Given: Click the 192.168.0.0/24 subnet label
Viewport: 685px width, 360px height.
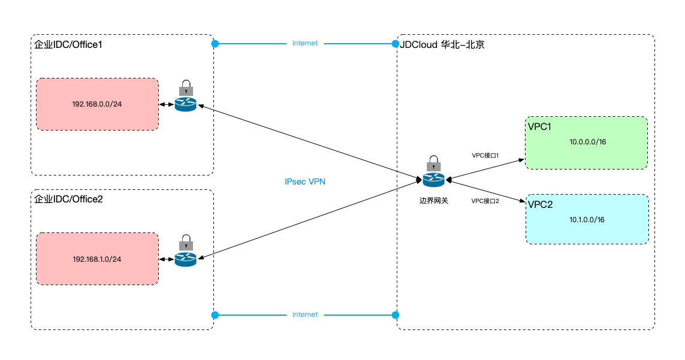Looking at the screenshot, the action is point(97,104).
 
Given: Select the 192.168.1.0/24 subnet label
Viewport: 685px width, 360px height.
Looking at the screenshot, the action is point(97,259).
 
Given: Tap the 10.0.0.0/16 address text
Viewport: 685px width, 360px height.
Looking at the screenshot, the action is point(587,142).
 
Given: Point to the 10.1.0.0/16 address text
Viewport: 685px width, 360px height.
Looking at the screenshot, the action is point(587,220).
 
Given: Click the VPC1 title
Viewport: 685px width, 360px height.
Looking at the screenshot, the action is point(539,127).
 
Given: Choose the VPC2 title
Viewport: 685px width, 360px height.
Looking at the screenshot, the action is point(541,204).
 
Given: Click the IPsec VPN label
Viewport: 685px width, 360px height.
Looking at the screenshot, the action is point(305,181).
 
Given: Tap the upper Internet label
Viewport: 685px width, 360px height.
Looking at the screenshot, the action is point(305,43).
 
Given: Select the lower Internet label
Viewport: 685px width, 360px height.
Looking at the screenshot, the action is point(305,314).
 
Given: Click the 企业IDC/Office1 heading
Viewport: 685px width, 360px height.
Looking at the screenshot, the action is point(68,44).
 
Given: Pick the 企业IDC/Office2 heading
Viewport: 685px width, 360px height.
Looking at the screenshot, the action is point(68,199).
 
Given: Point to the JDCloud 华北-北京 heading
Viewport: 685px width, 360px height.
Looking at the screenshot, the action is point(442,44).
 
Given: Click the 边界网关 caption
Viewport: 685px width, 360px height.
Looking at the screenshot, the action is point(434,201).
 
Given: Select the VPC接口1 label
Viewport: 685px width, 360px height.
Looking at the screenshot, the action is point(485,156).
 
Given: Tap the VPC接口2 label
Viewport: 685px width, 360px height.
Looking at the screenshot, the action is point(485,201).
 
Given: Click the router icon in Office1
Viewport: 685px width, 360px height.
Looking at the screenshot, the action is point(186,104).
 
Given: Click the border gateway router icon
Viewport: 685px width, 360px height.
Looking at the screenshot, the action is point(434,179).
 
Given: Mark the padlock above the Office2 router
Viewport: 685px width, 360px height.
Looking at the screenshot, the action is point(186,243).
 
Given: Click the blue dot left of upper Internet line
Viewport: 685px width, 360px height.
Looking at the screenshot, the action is point(215,44).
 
